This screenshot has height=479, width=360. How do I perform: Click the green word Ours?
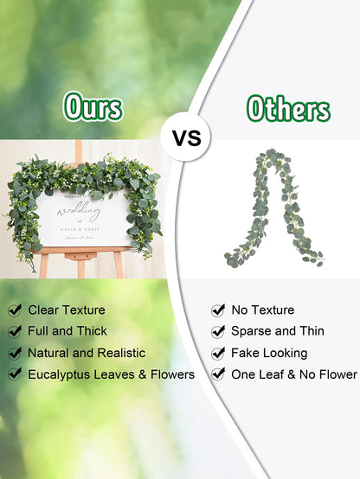coord(92,108)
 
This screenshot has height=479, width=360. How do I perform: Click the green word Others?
coord(288,109)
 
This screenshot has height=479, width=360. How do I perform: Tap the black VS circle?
coord(187,138)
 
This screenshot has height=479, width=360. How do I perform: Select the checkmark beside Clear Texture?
coord(15,310)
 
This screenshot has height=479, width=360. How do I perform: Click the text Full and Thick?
coord(67,331)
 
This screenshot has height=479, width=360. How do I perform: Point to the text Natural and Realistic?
coord(87,353)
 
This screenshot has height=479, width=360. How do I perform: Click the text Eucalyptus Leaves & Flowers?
coord(111,374)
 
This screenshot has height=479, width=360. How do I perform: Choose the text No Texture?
coord(262,310)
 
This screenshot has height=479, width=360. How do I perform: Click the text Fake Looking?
coord(269,353)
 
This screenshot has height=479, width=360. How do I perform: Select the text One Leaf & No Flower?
coord(293,374)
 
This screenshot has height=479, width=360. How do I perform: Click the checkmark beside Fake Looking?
coord(218,353)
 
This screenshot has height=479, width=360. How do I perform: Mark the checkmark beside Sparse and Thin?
coord(218,331)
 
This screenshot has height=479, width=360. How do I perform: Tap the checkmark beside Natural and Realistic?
coord(15,353)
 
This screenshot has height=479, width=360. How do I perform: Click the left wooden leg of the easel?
coord(43,264)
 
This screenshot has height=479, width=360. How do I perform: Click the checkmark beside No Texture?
coord(218,310)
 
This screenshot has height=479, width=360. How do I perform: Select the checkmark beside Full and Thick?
coord(15,331)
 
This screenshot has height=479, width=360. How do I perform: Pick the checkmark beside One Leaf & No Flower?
coord(218,374)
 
